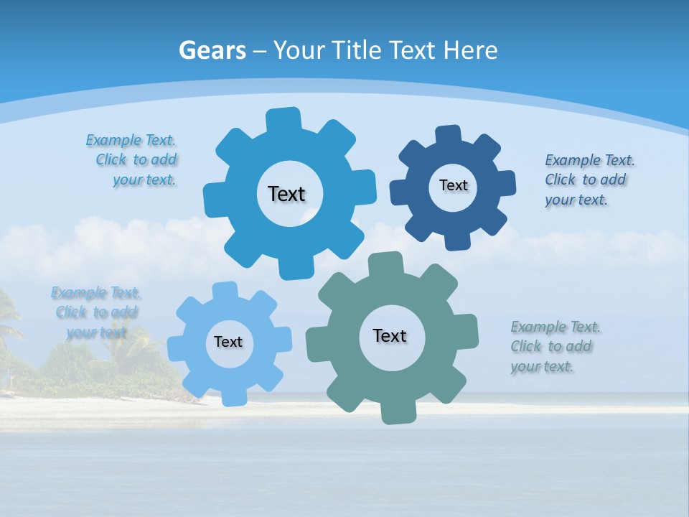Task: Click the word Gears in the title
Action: pos(212,50)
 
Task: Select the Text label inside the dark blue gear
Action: pos(453,185)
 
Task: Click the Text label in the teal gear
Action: pos(390,335)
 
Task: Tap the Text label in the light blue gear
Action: pos(228,342)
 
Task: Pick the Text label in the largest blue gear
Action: pos(286,194)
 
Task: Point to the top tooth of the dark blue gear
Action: pos(448,135)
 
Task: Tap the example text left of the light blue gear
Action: pos(95,312)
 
